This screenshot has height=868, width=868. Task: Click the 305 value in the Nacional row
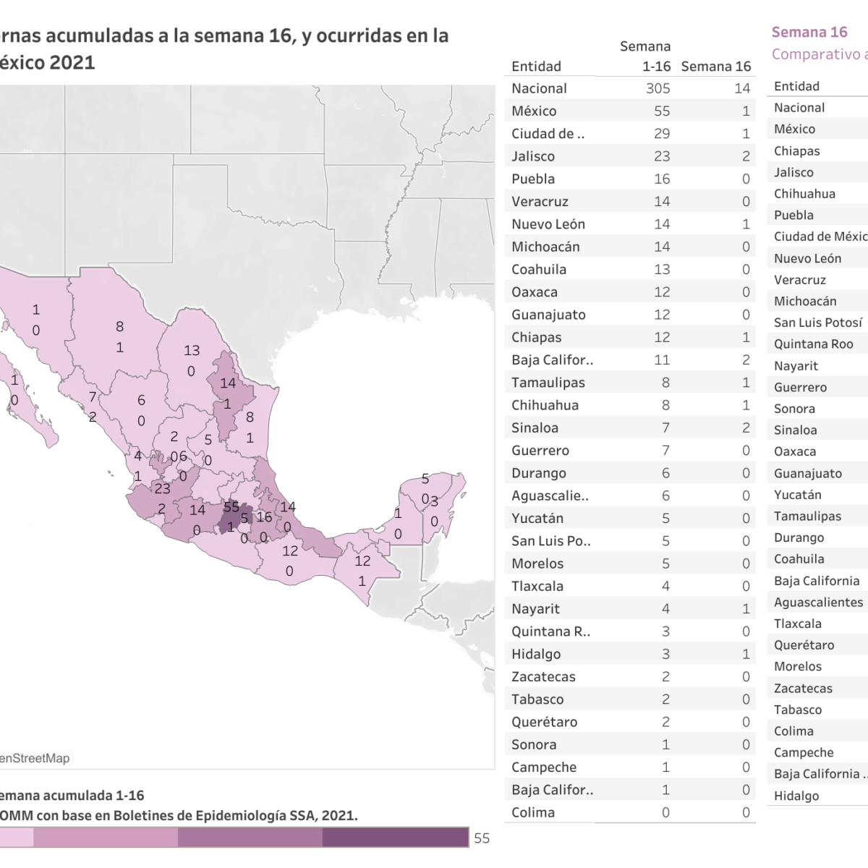point(658,88)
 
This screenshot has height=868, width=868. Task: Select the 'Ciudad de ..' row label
point(548,134)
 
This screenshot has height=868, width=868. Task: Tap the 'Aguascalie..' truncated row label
point(550,495)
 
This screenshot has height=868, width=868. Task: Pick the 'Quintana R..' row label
point(550,631)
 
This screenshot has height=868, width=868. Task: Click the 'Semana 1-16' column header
point(645,56)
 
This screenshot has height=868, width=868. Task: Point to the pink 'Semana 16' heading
point(809,32)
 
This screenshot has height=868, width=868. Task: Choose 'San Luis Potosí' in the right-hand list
point(818,323)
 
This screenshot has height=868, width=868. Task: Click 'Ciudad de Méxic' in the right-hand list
point(820,237)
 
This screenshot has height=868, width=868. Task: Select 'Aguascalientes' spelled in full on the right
point(818,602)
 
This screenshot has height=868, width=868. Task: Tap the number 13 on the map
point(191,350)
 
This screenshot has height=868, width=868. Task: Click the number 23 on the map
point(162,489)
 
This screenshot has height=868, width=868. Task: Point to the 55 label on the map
point(231,507)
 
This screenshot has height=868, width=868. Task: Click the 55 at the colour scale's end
point(482,838)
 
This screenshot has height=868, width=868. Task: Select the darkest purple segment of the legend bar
point(395,837)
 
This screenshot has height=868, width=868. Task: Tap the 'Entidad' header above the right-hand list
point(796,86)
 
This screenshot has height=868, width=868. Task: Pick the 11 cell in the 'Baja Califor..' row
point(662,359)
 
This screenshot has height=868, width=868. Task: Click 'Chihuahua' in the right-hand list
point(804,194)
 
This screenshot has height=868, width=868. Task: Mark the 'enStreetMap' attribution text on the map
point(35,758)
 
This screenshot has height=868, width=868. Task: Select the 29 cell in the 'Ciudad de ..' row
point(662,134)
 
